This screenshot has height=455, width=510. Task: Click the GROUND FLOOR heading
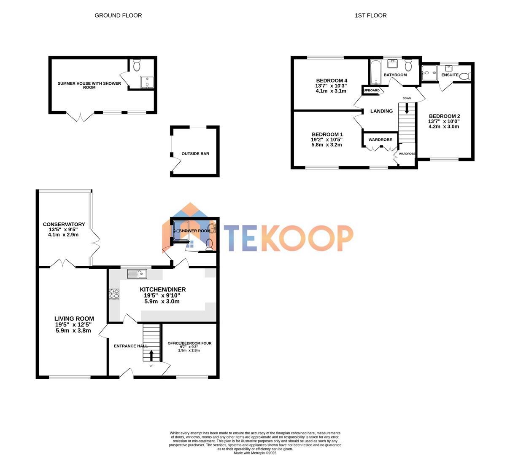click(x=118, y=16)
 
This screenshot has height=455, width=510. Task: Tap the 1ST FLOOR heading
click(x=370, y=16)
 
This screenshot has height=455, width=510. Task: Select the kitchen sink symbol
click(x=137, y=274)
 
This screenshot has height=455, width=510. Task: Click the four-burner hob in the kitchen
click(x=114, y=294)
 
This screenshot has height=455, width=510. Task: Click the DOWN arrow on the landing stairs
click(x=407, y=109)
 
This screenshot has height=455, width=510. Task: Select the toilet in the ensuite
click(x=465, y=76)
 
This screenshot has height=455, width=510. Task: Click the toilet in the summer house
click(x=136, y=65)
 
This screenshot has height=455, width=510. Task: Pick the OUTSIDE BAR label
click(x=195, y=154)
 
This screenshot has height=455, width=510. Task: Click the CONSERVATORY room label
click(x=64, y=225)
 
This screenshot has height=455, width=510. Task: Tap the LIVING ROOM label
click(x=74, y=318)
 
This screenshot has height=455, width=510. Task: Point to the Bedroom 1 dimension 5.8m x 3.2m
click(x=327, y=145)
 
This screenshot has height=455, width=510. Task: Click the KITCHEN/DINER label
click(x=162, y=289)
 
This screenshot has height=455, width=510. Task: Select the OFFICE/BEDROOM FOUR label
click(x=189, y=343)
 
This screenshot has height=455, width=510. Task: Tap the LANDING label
click(x=381, y=111)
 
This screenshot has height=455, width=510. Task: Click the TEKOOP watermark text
click(x=289, y=238)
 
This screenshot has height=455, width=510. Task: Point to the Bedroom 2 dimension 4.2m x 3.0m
click(x=444, y=126)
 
